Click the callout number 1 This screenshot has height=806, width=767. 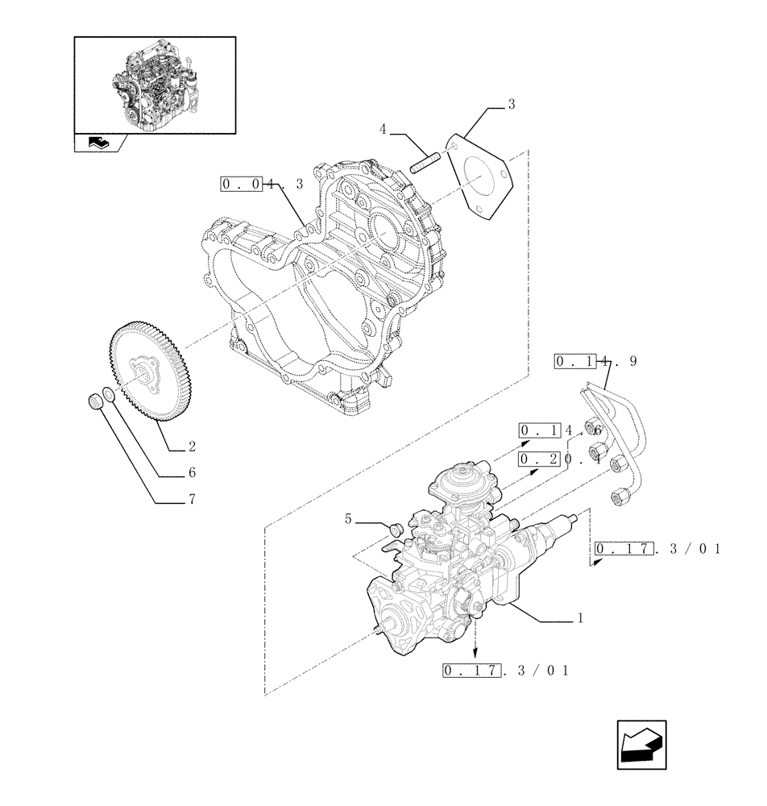(x=579, y=620)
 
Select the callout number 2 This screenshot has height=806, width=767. (x=193, y=446)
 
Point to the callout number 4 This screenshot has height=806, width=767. (x=383, y=129)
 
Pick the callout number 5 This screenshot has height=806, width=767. (x=348, y=519)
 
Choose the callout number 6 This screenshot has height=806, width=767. (x=193, y=472)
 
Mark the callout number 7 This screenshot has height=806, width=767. (x=193, y=499)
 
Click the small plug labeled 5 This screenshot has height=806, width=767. (x=396, y=529)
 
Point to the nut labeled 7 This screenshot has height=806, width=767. (x=93, y=401)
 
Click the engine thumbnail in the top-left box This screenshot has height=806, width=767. (x=154, y=84)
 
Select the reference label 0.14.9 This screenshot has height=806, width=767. (x=595, y=362)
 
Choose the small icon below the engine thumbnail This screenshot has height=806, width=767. (x=97, y=143)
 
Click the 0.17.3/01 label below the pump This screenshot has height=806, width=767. (x=505, y=671)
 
